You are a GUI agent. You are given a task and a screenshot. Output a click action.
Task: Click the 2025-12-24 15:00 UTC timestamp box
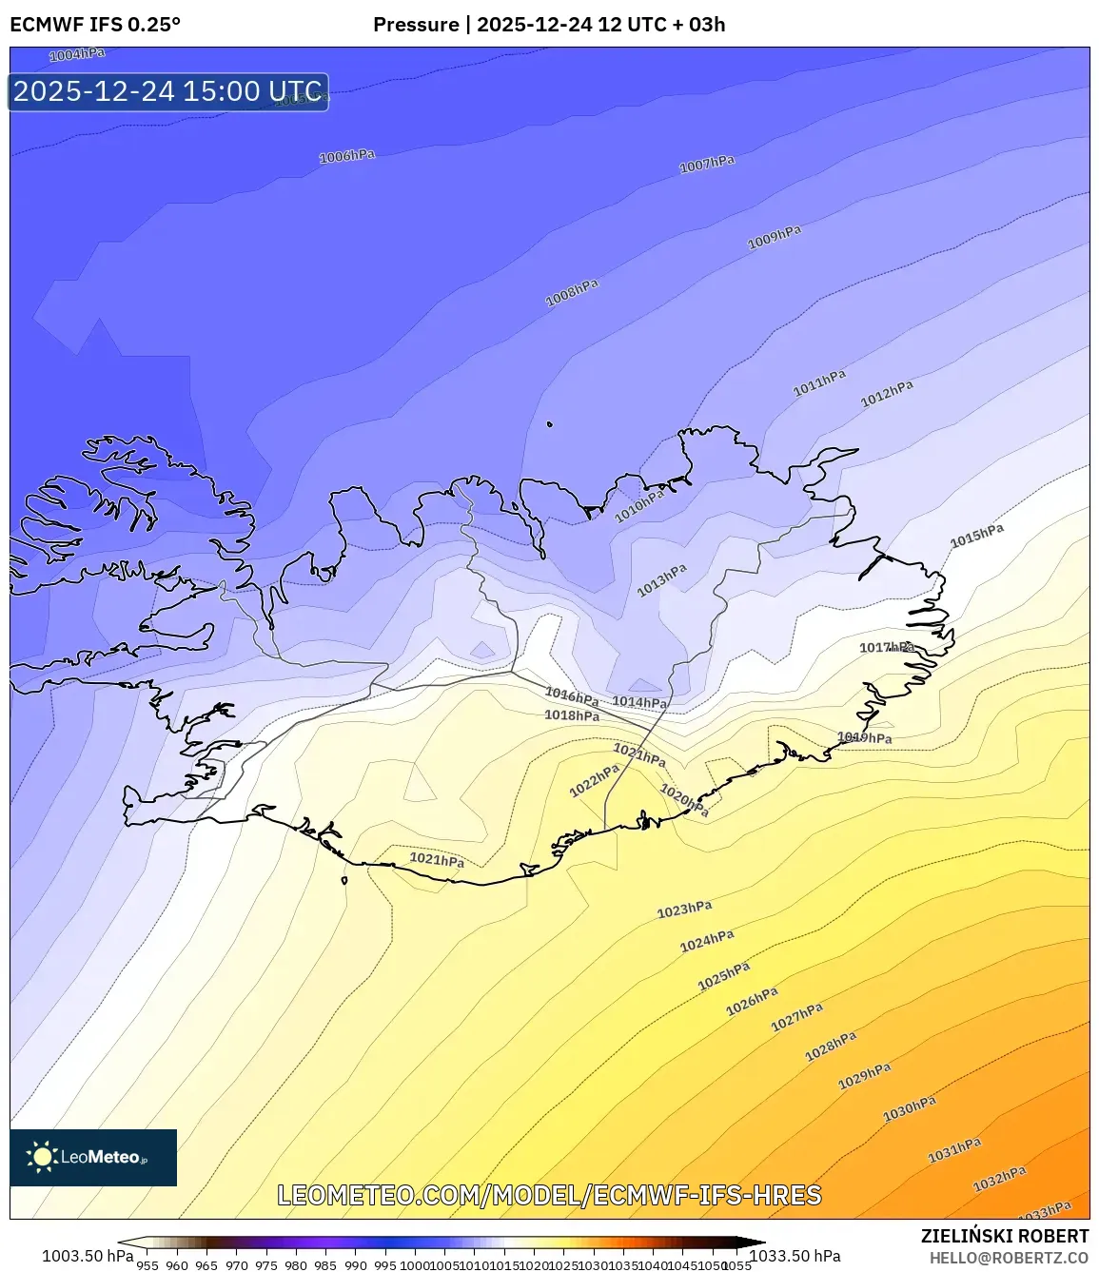[x=168, y=92]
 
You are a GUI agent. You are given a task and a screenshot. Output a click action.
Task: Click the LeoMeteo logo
[x=93, y=1157]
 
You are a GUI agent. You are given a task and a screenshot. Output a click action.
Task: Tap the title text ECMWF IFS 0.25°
[x=95, y=25]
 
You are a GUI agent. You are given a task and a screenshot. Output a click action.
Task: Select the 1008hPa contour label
[x=572, y=293]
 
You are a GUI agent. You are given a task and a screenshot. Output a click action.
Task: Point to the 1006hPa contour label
[x=346, y=156]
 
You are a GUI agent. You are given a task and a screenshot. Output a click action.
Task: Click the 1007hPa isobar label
[x=707, y=165]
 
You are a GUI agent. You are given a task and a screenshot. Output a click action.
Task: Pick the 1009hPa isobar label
[x=775, y=237]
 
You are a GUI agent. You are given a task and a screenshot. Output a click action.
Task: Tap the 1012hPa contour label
[x=887, y=393]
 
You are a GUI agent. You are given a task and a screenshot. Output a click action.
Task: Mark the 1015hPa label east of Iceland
[x=977, y=536]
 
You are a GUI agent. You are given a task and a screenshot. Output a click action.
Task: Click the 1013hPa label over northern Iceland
[x=662, y=580]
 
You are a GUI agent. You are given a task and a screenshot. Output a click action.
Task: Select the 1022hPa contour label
[x=595, y=781]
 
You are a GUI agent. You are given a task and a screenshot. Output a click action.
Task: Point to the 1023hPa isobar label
[x=684, y=910]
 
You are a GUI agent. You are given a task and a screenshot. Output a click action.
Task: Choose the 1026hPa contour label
[x=752, y=1001]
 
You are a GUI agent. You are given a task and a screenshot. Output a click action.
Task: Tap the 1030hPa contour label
[x=910, y=1108]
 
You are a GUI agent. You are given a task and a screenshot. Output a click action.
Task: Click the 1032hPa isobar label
[x=999, y=1180]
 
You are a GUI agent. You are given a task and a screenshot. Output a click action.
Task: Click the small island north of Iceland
[x=550, y=424]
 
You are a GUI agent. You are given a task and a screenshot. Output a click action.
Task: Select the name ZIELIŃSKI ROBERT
[x=1005, y=1236]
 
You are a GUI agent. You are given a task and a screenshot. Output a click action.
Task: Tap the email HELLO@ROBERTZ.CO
[x=1009, y=1258]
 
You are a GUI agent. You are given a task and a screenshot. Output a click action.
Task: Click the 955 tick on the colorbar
[x=147, y=1265]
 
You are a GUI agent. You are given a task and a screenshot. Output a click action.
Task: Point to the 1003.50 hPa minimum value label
[x=88, y=1256]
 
